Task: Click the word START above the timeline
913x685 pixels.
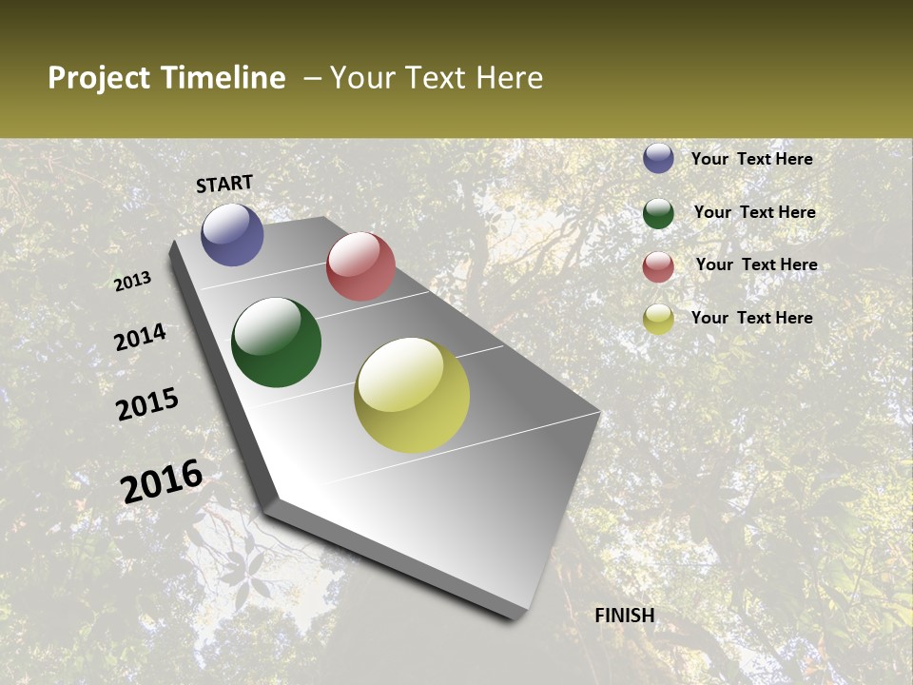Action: [224, 184]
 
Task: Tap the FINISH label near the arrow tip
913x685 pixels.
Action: [625, 616]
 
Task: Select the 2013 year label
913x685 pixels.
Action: [132, 282]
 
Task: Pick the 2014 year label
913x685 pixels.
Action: [140, 337]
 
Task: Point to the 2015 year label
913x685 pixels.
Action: [147, 404]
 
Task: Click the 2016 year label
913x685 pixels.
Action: [162, 480]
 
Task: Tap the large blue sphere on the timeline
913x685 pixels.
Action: [232, 234]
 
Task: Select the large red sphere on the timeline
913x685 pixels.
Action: [360, 266]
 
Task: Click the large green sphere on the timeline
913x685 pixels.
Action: [277, 342]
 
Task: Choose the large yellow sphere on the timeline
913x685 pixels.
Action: [412, 395]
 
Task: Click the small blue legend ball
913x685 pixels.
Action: [658, 158]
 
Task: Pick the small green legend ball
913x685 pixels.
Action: [658, 213]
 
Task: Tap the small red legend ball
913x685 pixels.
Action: [658, 266]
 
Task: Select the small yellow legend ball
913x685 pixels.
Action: [658, 320]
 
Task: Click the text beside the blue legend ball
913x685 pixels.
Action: [751, 159]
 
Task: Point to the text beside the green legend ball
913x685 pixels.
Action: [754, 212]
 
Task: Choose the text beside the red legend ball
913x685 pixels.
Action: [756, 264]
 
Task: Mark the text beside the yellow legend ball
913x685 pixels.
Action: [751, 318]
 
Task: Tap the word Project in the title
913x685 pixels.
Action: [99, 78]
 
